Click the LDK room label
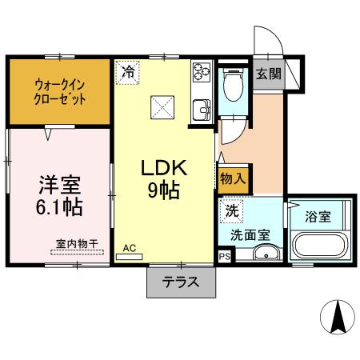coord(164,168)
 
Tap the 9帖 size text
coord(163,191)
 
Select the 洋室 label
coord(58,186)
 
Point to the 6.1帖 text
coord(59,206)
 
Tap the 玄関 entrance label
coord(268,74)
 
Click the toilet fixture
coord(234,87)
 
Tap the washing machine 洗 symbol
coord(230,212)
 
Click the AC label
coord(129,249)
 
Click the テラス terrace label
coord(181,282)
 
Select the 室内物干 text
coord(77,242)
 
